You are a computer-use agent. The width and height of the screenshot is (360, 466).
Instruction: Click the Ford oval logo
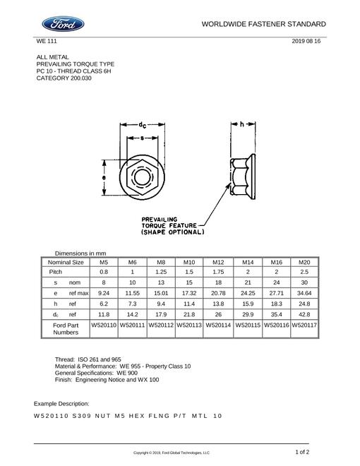[x=63, y=24]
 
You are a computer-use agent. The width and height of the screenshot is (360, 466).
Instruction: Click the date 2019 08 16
[x=306, y=41]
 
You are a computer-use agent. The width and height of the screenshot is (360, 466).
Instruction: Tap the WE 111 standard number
[x=47, y=41]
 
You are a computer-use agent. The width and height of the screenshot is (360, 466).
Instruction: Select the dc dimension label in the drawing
[x=143, y=125]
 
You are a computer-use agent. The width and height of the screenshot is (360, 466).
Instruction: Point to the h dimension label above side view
[x=242, y=124]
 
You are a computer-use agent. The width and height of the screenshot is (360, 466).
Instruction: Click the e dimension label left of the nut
[x=104, y=177]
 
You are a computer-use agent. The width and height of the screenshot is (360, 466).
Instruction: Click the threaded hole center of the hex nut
[x=142, y=177]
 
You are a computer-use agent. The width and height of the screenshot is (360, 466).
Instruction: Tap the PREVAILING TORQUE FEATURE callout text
[x=172, y=226]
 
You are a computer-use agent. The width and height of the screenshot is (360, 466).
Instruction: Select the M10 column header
[x=189, y=262]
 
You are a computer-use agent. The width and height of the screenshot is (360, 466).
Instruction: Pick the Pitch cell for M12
[x=218, y=272]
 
